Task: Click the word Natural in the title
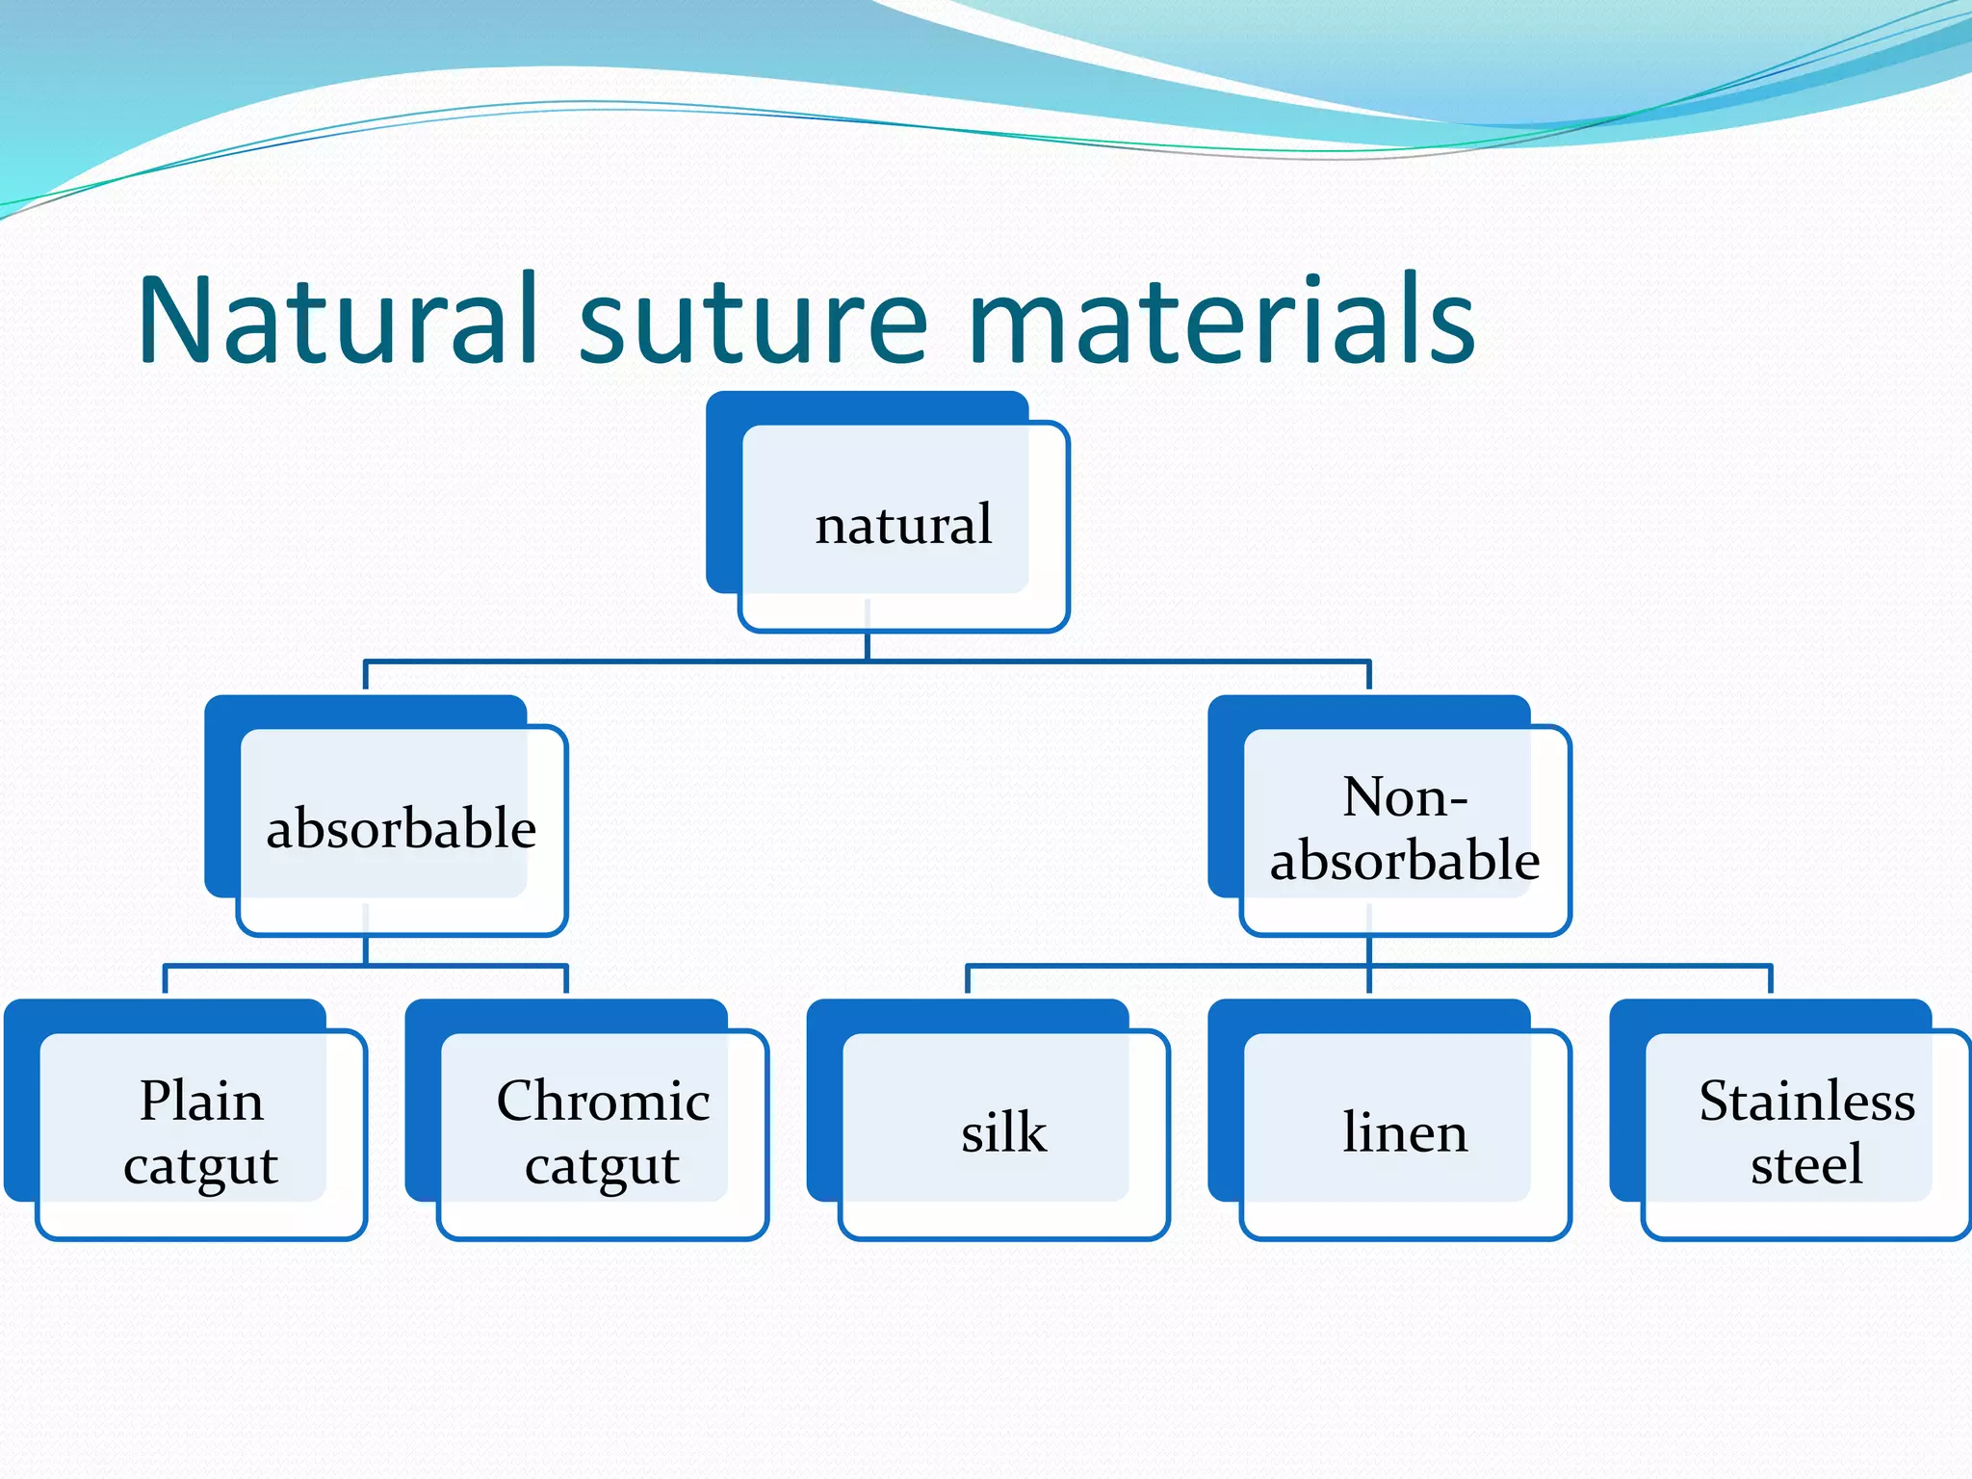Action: tap(337, 321)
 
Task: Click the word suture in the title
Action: tap(753, 321)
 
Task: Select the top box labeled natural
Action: tap(903, 525)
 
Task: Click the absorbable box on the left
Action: tap(402, 828)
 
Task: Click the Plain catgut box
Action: tap(201, 1132)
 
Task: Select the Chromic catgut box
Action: tap(603, 1132)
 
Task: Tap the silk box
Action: tap(1003, 1132)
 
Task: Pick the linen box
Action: tap(1405, 1132)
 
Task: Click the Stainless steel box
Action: tap(1806, 1132)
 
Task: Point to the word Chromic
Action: tap(603, 1101)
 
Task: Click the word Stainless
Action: tap(1806, 1101)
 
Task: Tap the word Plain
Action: tap(201, 1101)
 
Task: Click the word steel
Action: tap(1806, 1165)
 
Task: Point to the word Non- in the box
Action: tap(1405, 797)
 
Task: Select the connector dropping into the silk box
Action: tap(968, 979)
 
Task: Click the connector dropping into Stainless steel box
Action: tap(1770, 979)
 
